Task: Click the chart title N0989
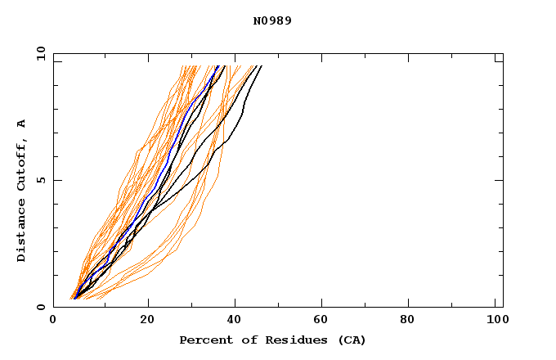point(272,20)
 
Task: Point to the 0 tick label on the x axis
point(53,320)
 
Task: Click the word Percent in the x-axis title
point(203,340)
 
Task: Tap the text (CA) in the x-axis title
point(350,340)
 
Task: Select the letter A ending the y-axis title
point(21,123)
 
